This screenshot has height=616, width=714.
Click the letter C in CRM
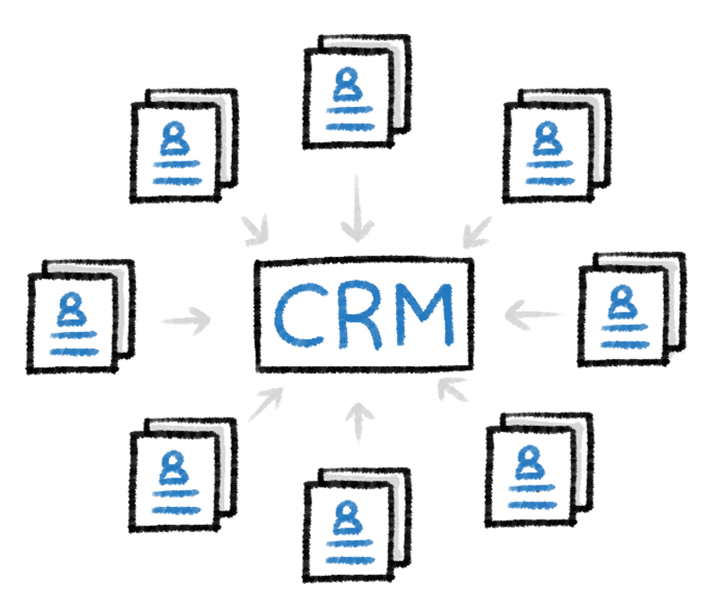[301, 315]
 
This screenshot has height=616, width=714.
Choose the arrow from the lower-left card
[264, 404]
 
